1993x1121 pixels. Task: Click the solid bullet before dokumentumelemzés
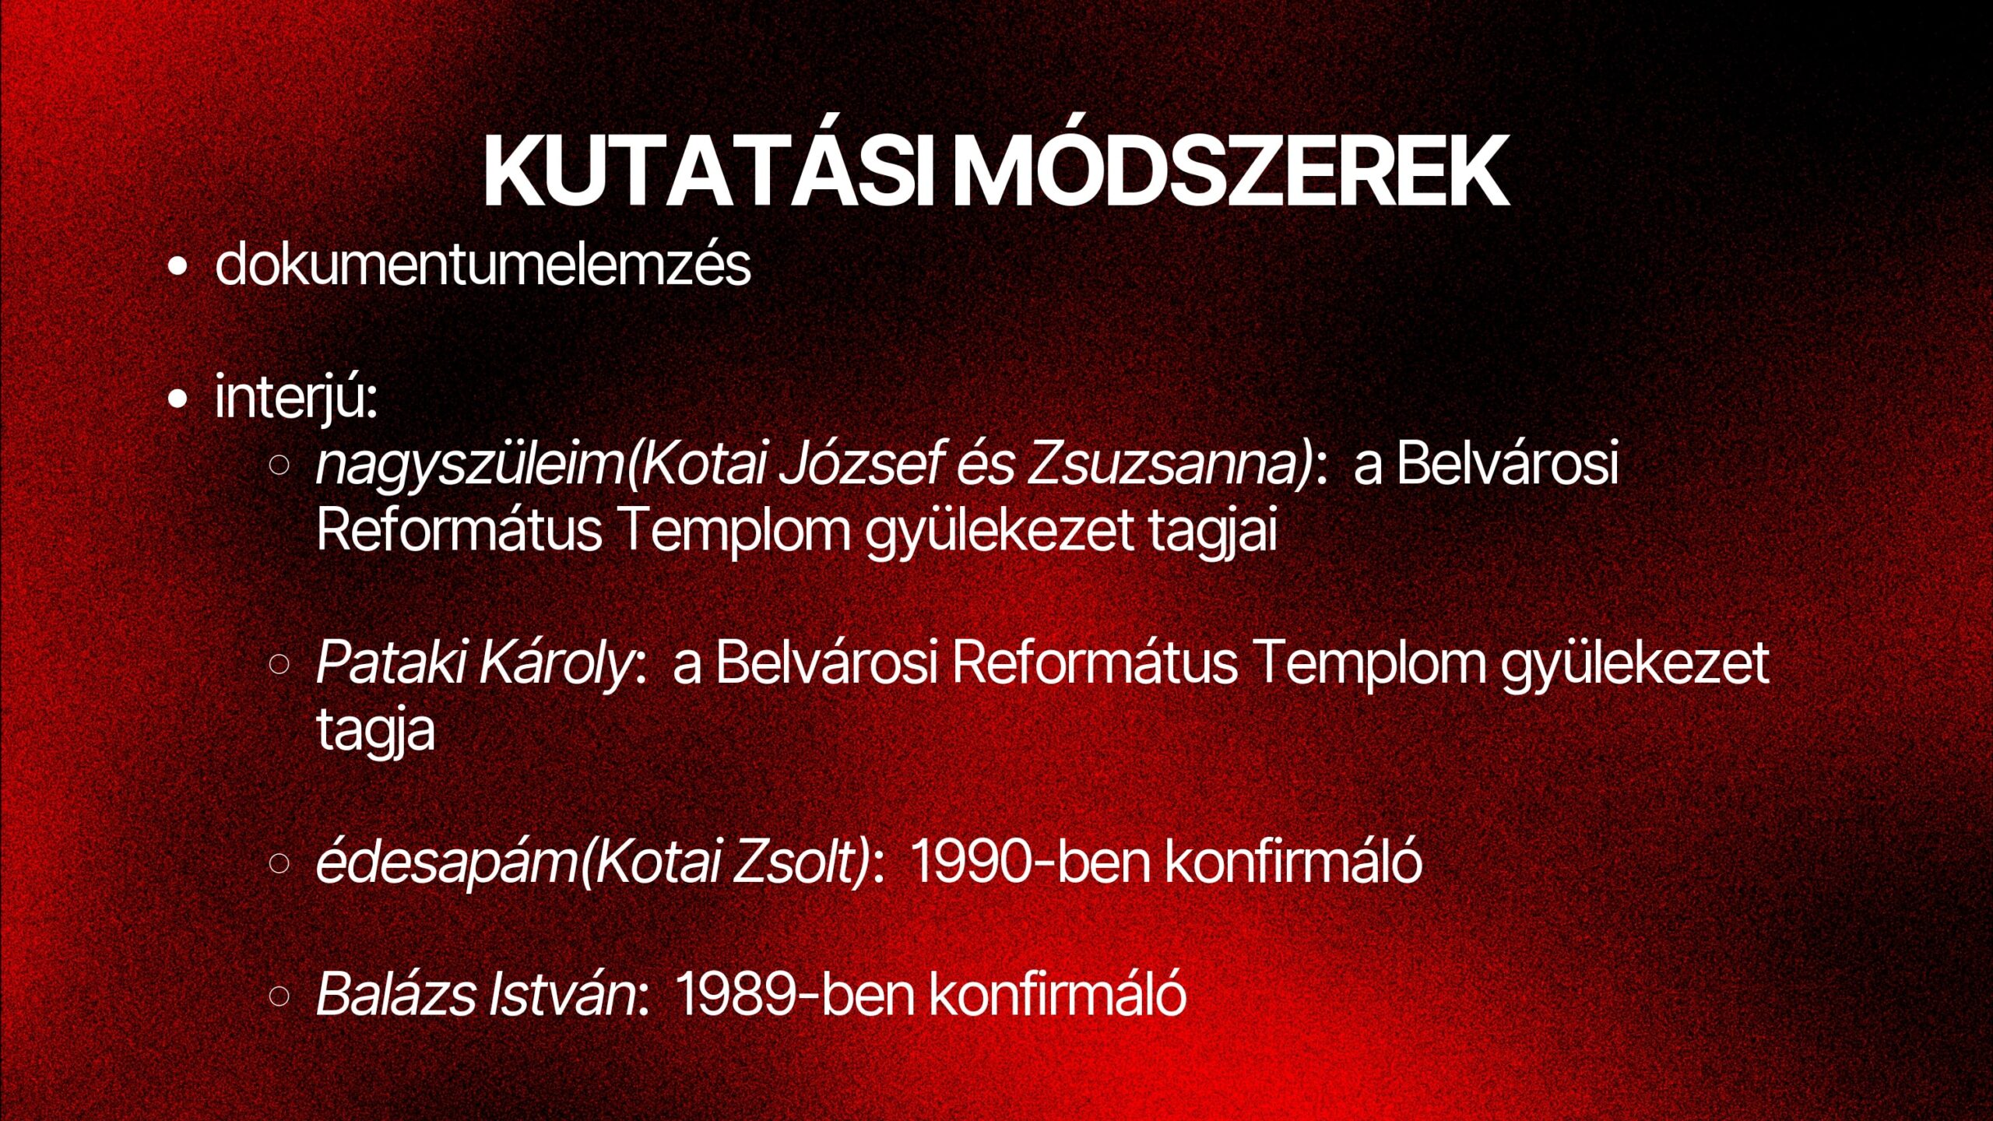[x=178, y=267]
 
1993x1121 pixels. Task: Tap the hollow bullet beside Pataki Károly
[x=279, y=664]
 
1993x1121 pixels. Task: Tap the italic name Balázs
[x=395, y=994]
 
